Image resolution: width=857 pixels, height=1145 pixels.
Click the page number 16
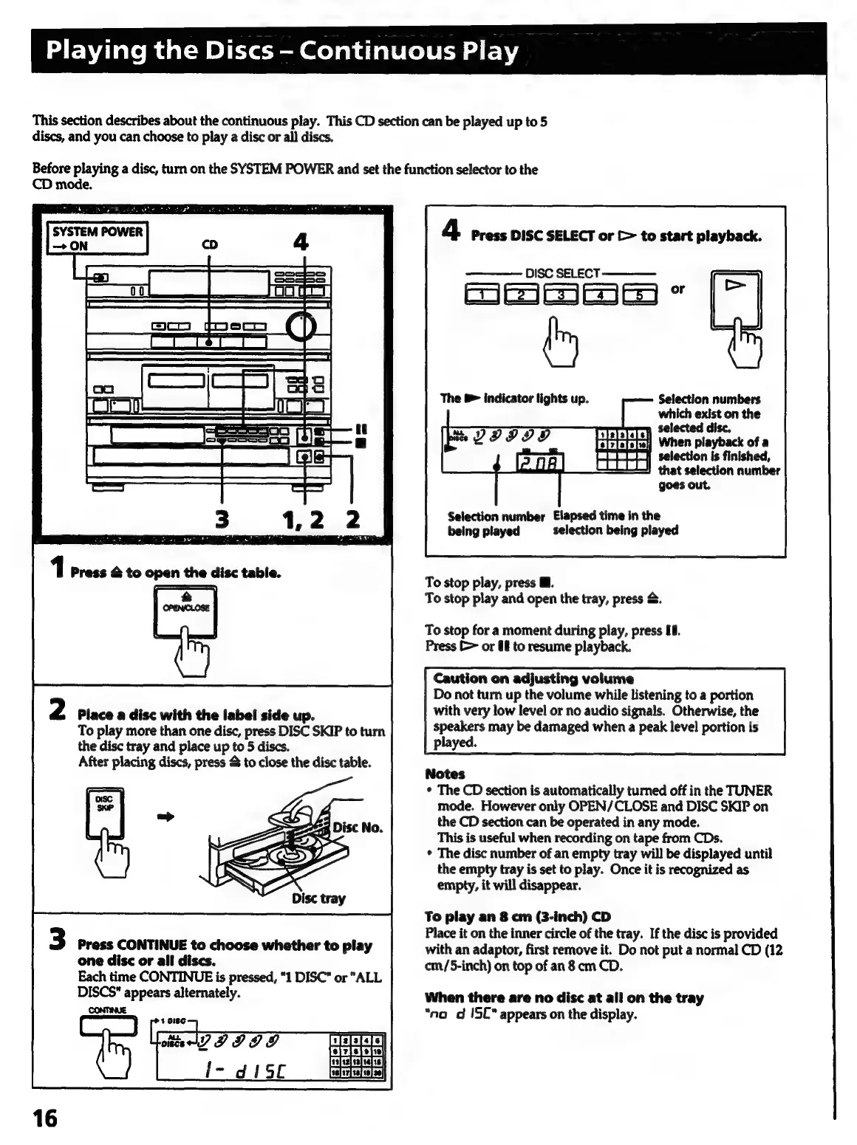coord(44,1118)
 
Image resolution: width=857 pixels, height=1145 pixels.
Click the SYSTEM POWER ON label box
coord(98,238)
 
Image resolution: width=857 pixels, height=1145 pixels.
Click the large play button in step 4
coord(736,299)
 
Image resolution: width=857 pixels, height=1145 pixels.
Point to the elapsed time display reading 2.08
coord(540,464)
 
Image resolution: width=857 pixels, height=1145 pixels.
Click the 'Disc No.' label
coord(358,827)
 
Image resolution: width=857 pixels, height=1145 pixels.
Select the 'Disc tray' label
coord(318,898)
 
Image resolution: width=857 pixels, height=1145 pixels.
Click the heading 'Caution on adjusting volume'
coord(533,678)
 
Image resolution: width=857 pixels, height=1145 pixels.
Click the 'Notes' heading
coord(445,774)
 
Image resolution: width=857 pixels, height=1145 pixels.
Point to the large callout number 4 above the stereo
coord(301,242)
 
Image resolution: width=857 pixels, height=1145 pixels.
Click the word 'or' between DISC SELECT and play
coord(677,289)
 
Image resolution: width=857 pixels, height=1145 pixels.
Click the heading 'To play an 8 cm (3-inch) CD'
coord(518,917)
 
